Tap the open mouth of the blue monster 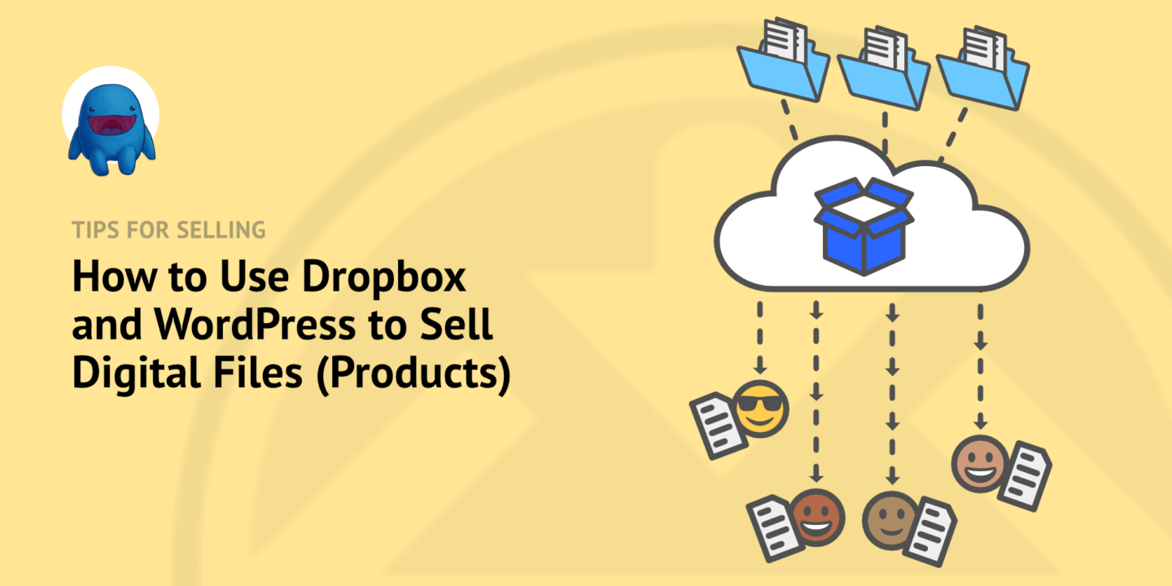click(111, 126)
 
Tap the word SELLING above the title click(220, 230)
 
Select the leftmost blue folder click(782, 65)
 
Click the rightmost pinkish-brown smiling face click(980, 463)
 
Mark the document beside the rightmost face click(1025, 476)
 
